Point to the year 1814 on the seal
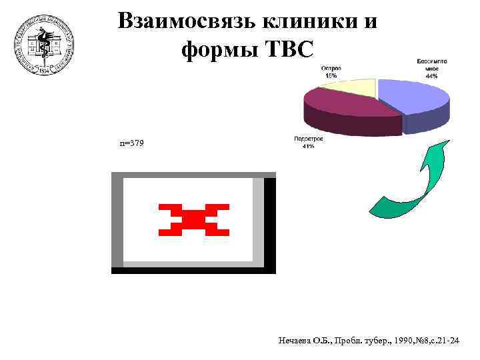tap(45, 69)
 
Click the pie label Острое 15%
tap(331, 71)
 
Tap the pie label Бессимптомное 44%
tap(431, 68)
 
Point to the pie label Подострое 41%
tap(308, 142)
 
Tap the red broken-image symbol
tap(194, 220)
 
